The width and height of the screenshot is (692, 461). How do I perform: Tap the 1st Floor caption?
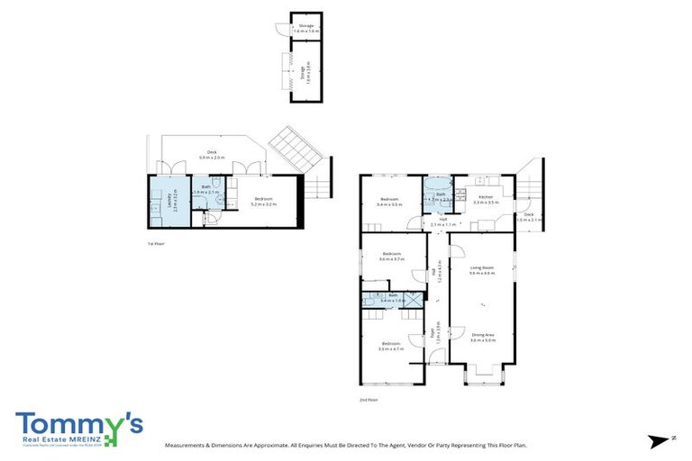(x=156, y=244)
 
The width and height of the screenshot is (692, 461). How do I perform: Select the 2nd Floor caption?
(x=368, y=400)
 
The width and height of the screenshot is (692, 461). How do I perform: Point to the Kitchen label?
(x=485, y=199)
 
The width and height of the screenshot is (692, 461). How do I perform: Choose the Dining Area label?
(x=483, y=337)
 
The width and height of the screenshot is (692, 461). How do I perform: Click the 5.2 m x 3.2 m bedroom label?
(x=264, y=202)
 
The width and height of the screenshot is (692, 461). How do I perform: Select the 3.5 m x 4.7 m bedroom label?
(x=390, y=346)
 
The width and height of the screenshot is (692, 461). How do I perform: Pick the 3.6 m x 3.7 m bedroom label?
(x=391, y=256)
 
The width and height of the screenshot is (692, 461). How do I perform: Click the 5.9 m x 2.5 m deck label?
(x=212, y=154)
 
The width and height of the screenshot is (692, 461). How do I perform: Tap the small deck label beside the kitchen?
(x=529, y=217)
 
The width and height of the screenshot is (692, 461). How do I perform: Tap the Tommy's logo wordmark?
(x=77, y=423)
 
